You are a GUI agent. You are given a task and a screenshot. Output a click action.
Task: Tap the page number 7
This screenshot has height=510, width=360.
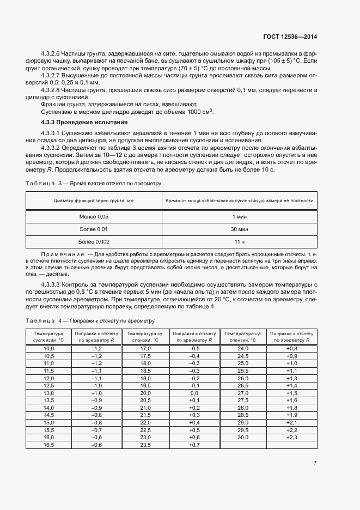(x=315, y=463)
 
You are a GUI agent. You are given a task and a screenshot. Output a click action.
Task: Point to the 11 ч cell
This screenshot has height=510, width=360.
(x=240, y=241)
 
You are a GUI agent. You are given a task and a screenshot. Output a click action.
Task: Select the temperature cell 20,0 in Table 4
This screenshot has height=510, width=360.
(x=145, y=393)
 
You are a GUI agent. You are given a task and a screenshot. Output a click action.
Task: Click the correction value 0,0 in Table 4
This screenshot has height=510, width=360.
(x=194, y=393)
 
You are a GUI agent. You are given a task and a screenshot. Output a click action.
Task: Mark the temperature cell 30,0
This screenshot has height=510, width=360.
(x=243, y=438)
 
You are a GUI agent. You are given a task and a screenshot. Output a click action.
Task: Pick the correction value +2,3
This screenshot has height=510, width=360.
(x=292, y=438)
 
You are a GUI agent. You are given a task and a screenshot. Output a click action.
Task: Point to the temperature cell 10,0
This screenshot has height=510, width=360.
(x=49, y=348)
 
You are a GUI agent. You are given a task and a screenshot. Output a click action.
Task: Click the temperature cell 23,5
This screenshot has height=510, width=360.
(x=145, y=445)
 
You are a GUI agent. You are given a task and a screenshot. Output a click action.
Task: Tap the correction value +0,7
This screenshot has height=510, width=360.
(x=194, y=445)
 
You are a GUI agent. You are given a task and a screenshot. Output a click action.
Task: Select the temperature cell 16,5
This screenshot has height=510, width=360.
(x=49, y=445)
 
